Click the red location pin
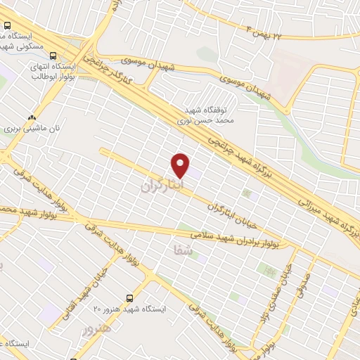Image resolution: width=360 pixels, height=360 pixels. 181,165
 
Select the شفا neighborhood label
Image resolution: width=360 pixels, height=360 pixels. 181,248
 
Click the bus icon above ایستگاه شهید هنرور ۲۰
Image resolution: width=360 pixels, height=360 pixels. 129,298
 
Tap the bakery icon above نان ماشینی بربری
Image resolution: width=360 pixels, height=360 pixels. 30,118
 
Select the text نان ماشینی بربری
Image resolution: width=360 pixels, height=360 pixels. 30,129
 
